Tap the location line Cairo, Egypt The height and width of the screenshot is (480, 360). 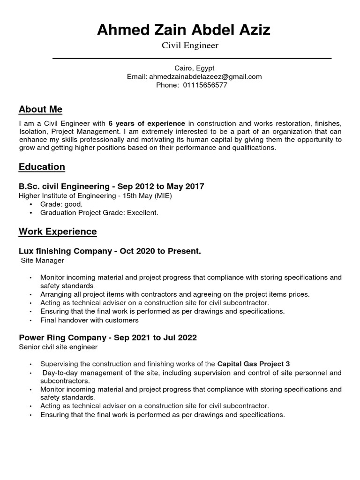tap(194, 68)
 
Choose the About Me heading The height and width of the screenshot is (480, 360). tap(40, 109)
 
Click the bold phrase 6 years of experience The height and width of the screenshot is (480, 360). tap(147, 123)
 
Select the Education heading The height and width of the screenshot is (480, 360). tap(42, 167)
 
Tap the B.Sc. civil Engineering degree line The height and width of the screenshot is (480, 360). tap(111, 187)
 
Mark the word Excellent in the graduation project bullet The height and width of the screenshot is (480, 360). tap(143, 213)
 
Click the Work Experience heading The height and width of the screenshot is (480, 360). tap(58, 232)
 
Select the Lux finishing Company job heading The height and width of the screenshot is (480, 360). tap(110, 251)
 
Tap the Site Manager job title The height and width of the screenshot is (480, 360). tap(43, 260)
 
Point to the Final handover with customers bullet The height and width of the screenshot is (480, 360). tap(90, 320)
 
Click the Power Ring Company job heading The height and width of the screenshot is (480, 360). tap(107, 338)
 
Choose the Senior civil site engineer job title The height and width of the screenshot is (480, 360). tap(58, 347)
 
